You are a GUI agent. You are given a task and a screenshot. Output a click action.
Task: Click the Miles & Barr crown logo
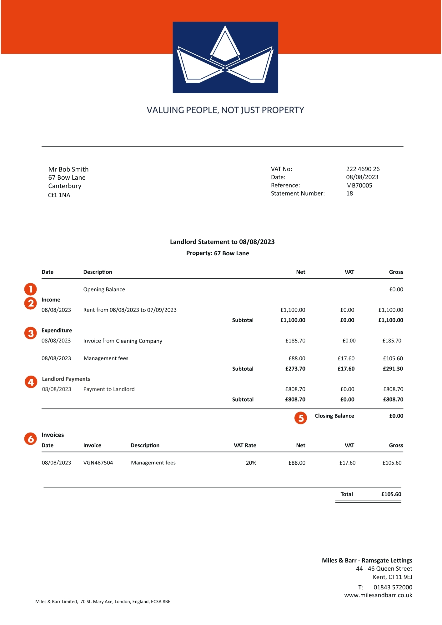(x=225, y=57)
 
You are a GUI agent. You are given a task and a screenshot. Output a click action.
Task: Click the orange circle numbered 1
(x=31, y=289)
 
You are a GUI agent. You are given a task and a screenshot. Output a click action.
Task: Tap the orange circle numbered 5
(x=301, y=418)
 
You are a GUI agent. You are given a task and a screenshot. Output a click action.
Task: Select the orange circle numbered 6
(x=31, y=439)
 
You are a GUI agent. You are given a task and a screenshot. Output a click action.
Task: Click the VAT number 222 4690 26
(x=363, y=169)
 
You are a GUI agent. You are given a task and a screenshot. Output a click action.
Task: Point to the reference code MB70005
(x=359, y=185)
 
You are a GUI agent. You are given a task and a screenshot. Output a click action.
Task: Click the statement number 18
(x=349, y=193)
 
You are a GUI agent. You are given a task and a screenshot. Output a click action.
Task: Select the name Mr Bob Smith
(x=68, y=169)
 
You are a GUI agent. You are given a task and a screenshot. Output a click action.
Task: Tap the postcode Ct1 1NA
(x=59, y=195)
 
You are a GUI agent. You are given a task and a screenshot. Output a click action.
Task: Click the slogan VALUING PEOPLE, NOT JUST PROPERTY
(x=225, y=110)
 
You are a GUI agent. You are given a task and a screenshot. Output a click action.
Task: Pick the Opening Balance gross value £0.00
(x=396, y=289)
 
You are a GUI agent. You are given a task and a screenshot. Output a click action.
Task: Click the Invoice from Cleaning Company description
(x=123, y=341)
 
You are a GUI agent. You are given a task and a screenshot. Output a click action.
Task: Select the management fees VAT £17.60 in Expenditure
(x=346, y=358)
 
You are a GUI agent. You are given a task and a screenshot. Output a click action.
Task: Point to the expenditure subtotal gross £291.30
(x=393, y=369)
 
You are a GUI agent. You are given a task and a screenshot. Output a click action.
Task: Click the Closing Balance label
(x=334, y=416)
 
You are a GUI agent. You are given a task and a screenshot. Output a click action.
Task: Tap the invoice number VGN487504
(x=98, y=463)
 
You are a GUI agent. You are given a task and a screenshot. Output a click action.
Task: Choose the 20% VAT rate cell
(x=251, y=463)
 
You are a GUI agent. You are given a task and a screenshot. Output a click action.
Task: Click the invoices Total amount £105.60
(x=391, y=494)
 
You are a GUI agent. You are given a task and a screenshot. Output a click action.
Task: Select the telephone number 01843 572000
(x=393, y=587)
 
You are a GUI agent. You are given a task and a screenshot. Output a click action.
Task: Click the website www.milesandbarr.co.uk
(x=378, y=595)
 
